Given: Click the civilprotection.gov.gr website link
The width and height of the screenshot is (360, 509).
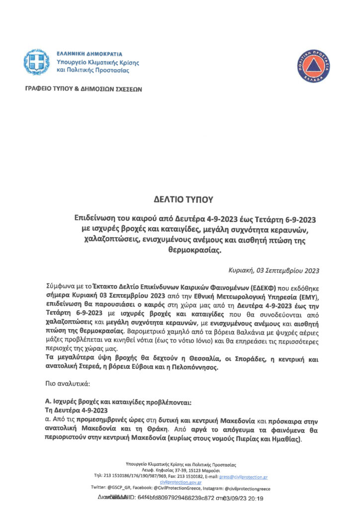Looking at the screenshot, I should point(180,482).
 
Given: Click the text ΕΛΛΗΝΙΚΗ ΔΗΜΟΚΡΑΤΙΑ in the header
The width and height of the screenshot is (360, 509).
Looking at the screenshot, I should point(90,54).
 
